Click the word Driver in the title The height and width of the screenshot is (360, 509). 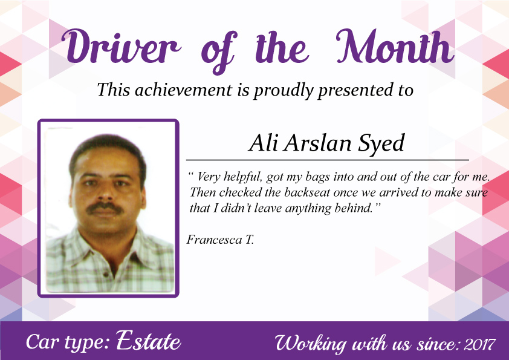[121, 47]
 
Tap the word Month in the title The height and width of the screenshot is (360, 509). [395, 46]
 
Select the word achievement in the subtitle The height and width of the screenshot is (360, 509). [183, 90]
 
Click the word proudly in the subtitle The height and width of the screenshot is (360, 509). [283, 90]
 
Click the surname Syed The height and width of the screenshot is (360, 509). [381, 144]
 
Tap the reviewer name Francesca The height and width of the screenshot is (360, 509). [214, 240]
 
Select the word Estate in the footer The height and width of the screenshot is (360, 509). [148, 340]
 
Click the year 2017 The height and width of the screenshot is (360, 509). [479, 344]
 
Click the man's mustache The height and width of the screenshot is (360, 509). [105, 208]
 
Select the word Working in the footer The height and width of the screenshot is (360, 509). [310, 344]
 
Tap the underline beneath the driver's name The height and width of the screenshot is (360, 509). [328, 160]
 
